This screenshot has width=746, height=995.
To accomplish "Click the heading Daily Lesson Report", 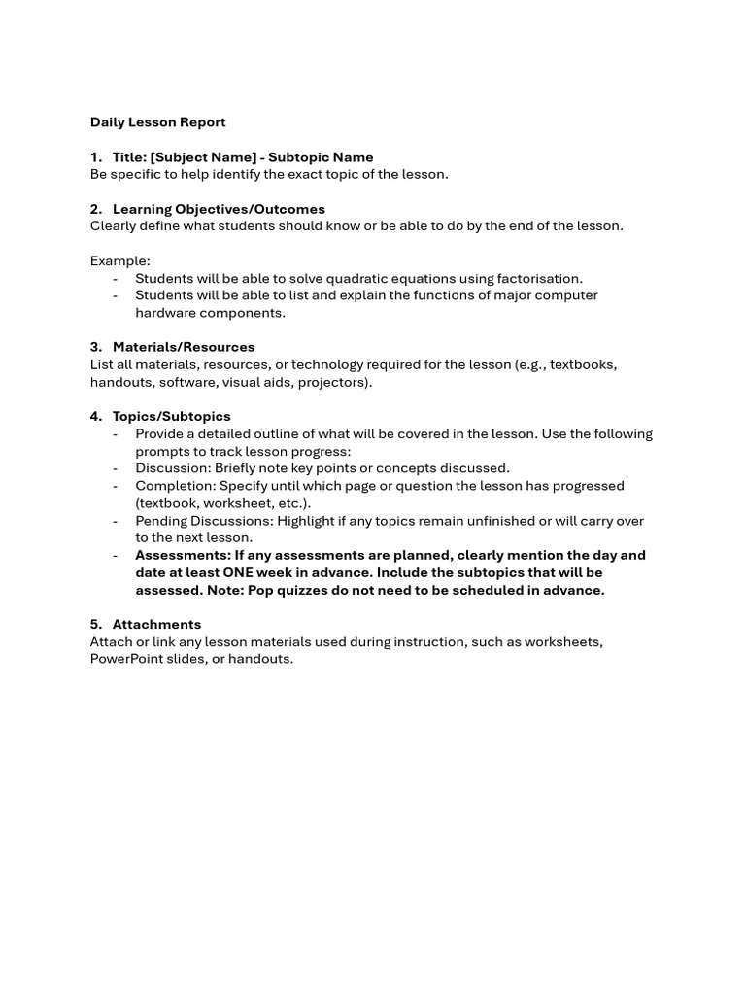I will (157, 122).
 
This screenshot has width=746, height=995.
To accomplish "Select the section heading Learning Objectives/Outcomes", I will (219, 209).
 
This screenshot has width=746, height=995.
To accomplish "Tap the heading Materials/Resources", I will (184, 347).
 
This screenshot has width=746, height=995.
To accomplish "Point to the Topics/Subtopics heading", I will (171, 416).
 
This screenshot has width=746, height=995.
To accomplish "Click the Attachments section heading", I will (156, 624).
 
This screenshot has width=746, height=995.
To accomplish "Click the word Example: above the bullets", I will (120, 260).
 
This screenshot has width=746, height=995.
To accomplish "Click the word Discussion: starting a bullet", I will (173, 468).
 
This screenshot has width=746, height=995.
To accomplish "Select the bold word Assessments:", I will (183, 555).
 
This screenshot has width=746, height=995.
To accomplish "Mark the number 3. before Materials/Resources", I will (96, 347).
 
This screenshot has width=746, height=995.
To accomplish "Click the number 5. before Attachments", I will (96, 624).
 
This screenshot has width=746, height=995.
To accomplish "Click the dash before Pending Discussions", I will (116, 521).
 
